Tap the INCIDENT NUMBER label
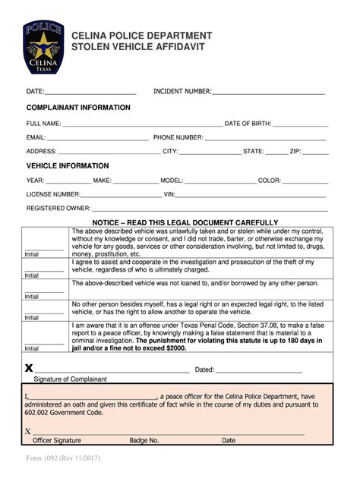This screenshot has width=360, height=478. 182,91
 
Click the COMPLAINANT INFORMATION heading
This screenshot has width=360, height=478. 78,108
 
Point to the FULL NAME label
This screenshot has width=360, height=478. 43,123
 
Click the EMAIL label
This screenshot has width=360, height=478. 36,137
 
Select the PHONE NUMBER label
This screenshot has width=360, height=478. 178,137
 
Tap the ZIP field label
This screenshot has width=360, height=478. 295,152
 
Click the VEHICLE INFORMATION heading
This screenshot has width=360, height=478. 68,165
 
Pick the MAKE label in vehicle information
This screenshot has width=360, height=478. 102,181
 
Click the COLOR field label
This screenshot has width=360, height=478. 270,181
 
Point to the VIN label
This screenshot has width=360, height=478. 169,194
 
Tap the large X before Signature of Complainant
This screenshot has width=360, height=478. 29,368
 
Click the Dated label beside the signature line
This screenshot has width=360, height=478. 205,370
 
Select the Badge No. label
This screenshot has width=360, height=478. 144,440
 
